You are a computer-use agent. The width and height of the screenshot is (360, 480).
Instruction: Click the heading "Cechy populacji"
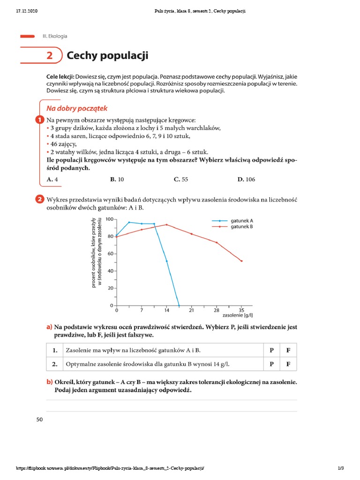pos(107,56)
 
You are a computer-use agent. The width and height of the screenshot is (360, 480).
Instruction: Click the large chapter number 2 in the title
pos(50,56)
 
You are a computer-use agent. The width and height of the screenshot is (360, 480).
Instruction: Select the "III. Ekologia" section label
pos(55,36)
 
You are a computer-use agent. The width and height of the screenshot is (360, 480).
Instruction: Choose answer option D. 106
pos(246,180)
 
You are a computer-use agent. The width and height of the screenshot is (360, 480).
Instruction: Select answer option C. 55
pos(180,180)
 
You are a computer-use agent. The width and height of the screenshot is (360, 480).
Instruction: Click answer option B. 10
pos(117,180)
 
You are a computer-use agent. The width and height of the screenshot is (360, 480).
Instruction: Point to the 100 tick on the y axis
pos(109,219)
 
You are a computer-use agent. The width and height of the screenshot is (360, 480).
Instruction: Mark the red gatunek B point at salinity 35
pos(241,261)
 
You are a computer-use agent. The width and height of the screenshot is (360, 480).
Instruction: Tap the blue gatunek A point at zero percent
pos(179,306)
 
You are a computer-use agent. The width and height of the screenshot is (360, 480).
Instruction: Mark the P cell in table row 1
pos(271,350)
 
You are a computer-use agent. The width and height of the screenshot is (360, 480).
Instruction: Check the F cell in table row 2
pos(288,364)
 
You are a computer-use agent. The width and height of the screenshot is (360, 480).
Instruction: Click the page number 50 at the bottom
pos(39,420)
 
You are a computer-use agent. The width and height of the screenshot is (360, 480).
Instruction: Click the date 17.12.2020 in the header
pos(26,11)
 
